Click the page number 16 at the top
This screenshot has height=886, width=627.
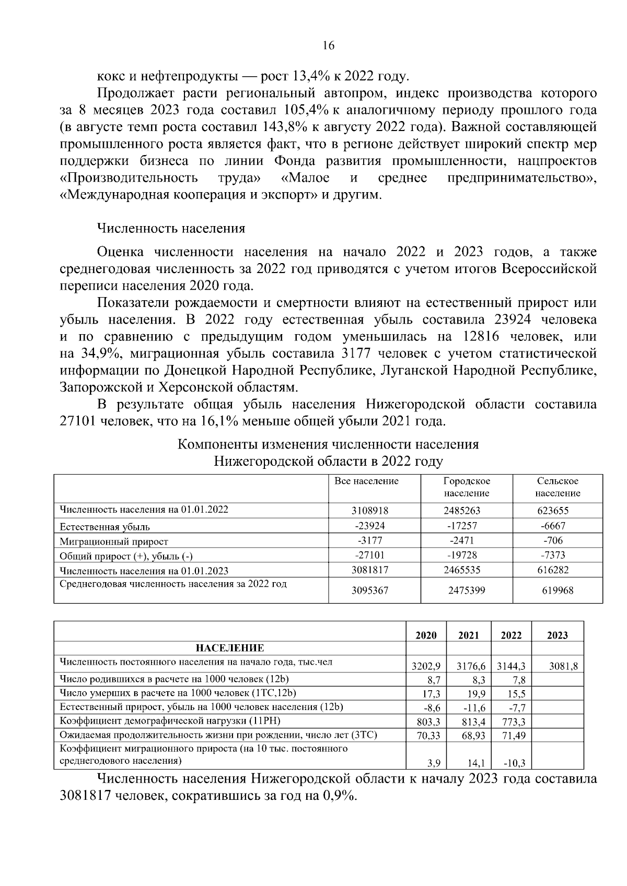coord(328,45)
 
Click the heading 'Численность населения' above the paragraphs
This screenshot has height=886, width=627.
coord(171,229)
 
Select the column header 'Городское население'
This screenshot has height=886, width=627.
coord(466,487)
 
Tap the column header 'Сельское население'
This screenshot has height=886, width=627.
coord(558,487)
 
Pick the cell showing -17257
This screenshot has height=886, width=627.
coord(462,526)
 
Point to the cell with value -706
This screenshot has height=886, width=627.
coord(553,541)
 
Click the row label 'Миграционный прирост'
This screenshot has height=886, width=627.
coord(113,542)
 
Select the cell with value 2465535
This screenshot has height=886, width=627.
coord(462,570)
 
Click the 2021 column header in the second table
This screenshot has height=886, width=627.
coord(469,635)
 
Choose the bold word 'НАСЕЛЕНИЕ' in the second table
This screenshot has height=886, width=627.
coord(230,648)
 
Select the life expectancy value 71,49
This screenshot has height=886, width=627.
coord(513,736)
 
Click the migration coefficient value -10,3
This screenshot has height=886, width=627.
coord(514,763)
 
